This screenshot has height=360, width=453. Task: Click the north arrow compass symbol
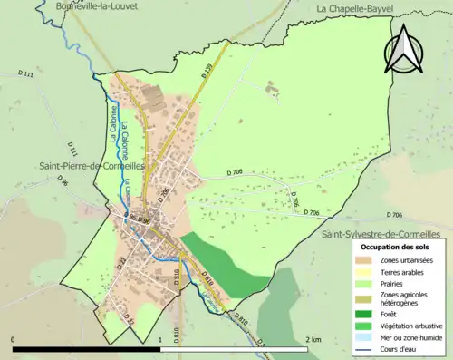[405, 48]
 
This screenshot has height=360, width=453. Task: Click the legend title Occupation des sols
[399, 247]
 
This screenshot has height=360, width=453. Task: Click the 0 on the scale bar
[14, 339]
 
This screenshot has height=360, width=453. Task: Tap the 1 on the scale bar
[159, 339]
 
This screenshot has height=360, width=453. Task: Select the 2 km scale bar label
[313, 339]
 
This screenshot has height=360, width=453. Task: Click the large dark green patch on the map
[217, 263]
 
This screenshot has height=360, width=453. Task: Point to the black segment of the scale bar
[86, 348]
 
